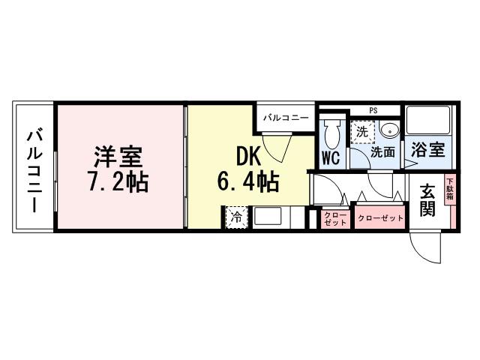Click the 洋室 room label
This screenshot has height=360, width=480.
pos(118,158)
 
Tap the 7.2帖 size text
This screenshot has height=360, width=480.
pos(118,182)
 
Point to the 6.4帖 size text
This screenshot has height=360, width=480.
pos(249,181)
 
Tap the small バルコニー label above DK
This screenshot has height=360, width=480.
pos(285,118)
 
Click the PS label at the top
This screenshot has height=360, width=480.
pos(373,111)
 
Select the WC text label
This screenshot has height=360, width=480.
pos(331,157)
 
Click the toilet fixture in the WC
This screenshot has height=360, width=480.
pos(332,133)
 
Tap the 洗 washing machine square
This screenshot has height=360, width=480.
pos(363,132)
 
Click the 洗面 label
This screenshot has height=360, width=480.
pos(383,152)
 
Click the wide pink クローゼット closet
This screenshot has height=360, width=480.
pos(380,218)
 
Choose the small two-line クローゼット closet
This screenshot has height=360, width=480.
pos(334,218)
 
